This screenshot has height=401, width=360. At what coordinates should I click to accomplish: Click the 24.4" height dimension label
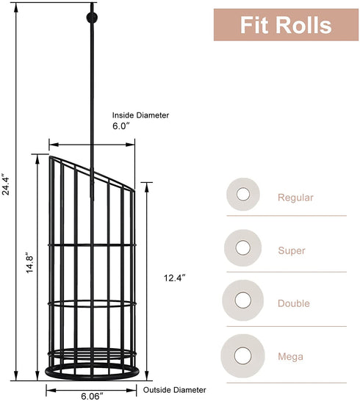click(x=6, y=184)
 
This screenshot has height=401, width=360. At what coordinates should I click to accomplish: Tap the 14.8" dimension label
click(x=29, y=263)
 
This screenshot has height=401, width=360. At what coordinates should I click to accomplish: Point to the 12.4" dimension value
click(x=175, y=278)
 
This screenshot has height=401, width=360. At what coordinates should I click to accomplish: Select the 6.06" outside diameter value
click(x=92, y=396)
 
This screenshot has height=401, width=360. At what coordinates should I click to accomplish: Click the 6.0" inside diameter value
click(x=121, y=126)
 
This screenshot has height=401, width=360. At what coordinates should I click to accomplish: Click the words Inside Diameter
click(x=140, y=115)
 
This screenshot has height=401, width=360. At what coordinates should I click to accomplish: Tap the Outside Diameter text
click(x=175, y=390)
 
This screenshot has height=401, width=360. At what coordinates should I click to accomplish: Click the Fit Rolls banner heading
click(x=286, y=25)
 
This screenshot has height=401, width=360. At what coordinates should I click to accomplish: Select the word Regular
click(x=295, y=198)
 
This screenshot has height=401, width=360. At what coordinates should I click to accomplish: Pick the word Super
click(x=292, y=250)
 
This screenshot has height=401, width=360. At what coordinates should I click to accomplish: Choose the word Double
click(x=294, y=303)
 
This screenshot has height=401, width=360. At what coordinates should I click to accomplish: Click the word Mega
click(x=291, y=356)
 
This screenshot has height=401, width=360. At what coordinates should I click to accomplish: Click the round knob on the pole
click(x=92, y=18)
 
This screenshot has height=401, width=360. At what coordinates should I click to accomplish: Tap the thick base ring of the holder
click(x=92, y=377)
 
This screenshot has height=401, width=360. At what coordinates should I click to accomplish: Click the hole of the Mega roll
click(x=242, y=355)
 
